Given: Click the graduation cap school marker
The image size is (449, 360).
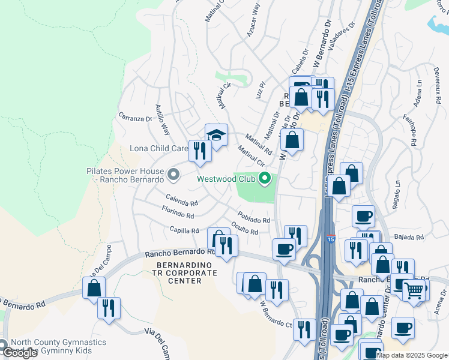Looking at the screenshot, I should coord(216,135).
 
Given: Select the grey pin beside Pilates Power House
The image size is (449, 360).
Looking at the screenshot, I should coord(173,175).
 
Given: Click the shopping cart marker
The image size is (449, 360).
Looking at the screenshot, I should coord(414,290).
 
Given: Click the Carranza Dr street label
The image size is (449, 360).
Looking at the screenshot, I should coord(135,118).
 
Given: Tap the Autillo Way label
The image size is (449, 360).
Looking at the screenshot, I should coord(163,119).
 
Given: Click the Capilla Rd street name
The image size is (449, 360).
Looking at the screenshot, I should coord(184,230).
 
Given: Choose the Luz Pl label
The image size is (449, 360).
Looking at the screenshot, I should coord(260,92).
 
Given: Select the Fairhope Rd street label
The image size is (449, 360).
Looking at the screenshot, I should coord(411,131).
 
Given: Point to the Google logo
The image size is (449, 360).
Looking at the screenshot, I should coord(20,353).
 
